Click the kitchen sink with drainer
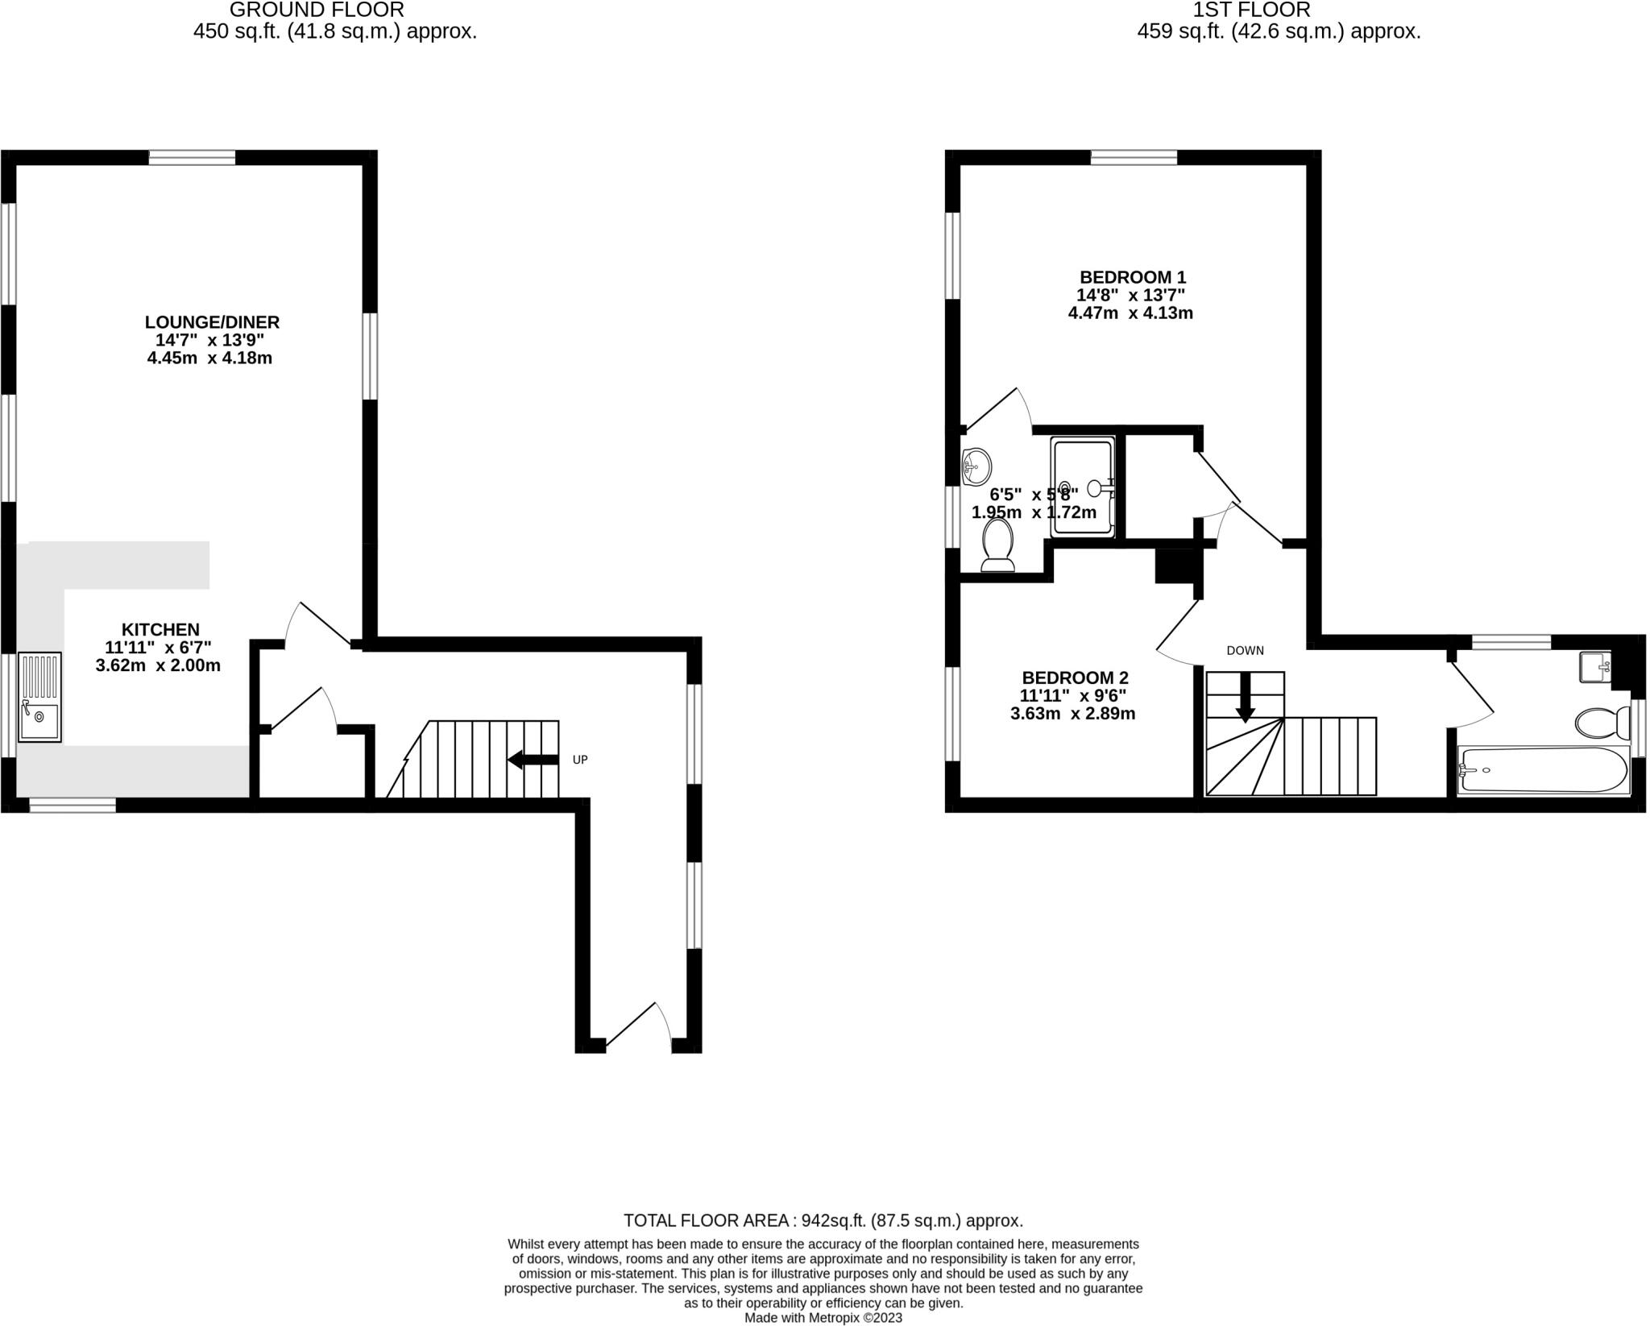pos(39,696)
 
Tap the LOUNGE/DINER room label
pos(212,322)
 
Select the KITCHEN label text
pos(160,629)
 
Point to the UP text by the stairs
pos(580,760)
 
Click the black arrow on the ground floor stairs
pos(533,759)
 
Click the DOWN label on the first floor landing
pos(1245,650)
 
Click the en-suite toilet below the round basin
pos(998,545)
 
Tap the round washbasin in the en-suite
pos(976,465)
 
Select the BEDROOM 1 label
pos(1133,278)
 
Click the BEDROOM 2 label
pos(1075,678)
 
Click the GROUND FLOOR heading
pos(317,10)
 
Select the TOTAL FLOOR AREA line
pos(823,1220)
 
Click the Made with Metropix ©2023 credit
pos(823,1318)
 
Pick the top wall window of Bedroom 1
pos(1134,157)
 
